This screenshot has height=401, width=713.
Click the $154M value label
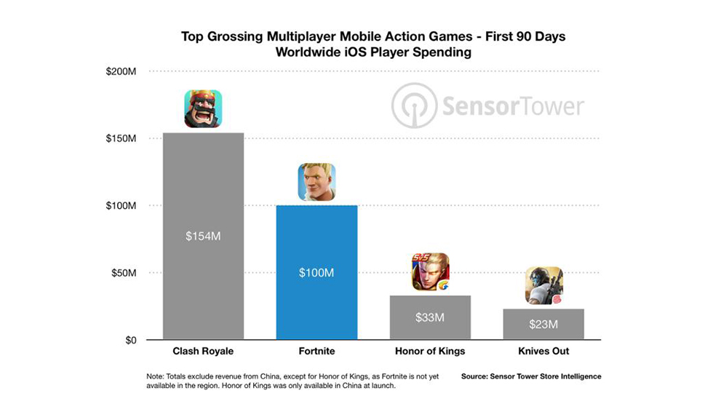[x=203, y=236]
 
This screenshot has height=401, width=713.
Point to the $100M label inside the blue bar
[x=316, y=273]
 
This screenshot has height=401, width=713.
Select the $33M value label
[x=430, y=317]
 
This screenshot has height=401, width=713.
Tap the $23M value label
[x=543, y=324]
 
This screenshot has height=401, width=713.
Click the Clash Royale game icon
[x=203, y=108]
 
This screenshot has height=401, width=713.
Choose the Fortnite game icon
[x=316, y=182]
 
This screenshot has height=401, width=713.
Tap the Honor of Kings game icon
[x=430, y=272]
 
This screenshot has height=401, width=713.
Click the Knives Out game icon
[x=543, y=286]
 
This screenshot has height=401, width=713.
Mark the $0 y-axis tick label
[x=132, y=340]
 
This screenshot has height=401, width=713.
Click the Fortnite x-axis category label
[x=316, y=352]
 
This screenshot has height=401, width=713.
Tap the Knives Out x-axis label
[x=543, y=352]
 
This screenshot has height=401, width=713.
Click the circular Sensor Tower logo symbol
[x=414, y=106]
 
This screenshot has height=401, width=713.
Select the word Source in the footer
[x=477, y=376]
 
